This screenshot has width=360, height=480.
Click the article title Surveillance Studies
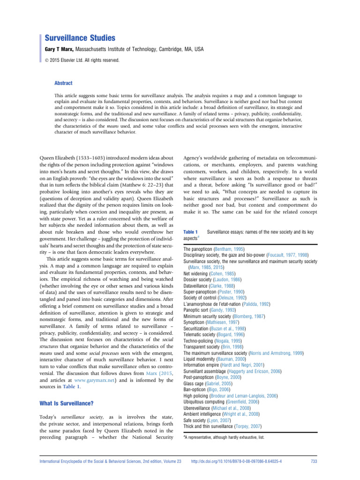(80, 37)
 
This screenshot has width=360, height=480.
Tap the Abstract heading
(64, 83)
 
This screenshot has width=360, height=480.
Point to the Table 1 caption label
(191, 232)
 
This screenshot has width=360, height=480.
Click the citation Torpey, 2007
(247, 412)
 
